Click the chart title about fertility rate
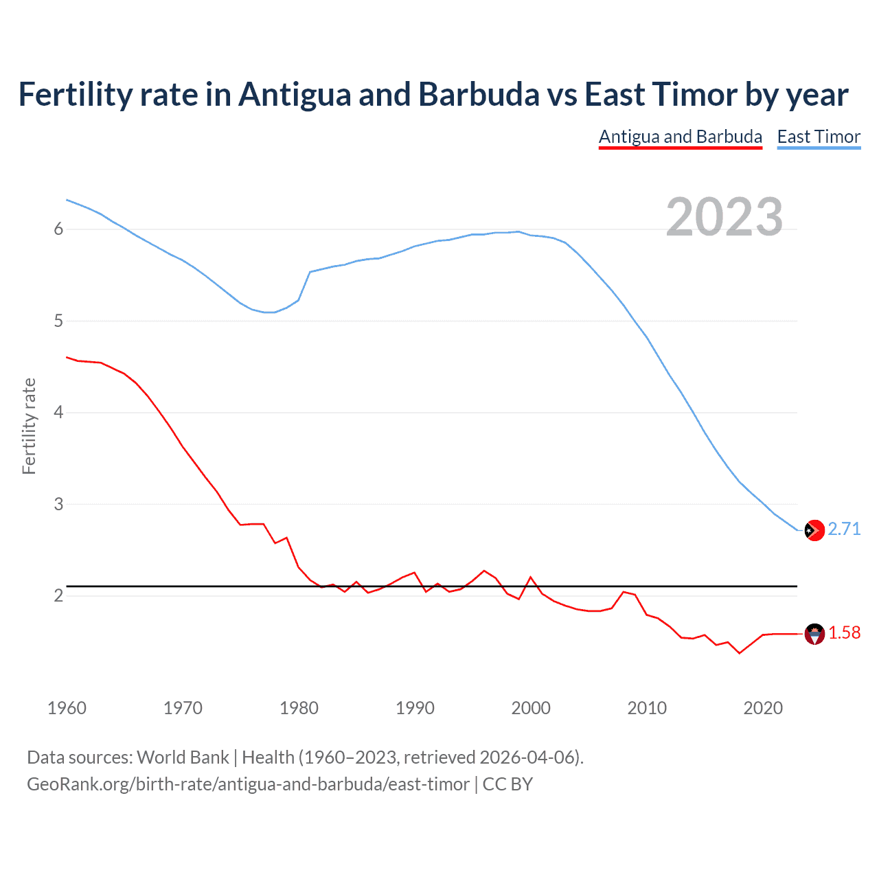[433, 95]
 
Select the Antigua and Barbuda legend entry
[680, 137]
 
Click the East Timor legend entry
[819, 137]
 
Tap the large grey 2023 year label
[724, 217]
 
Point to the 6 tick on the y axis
[58, 229]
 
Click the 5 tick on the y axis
[58, 321]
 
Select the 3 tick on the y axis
[58, 504]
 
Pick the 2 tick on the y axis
[58, 595]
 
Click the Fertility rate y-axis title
[29, 426]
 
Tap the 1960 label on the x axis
[67, 708]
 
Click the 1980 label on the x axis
[299, 708]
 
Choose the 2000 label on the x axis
[531, 708]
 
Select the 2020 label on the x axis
[763, 708]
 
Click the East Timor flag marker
[814, 530]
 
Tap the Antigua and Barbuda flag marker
[814, 634]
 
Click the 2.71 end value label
[844, 529]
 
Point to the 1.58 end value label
[844, 632]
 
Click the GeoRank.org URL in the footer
[248, 784]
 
